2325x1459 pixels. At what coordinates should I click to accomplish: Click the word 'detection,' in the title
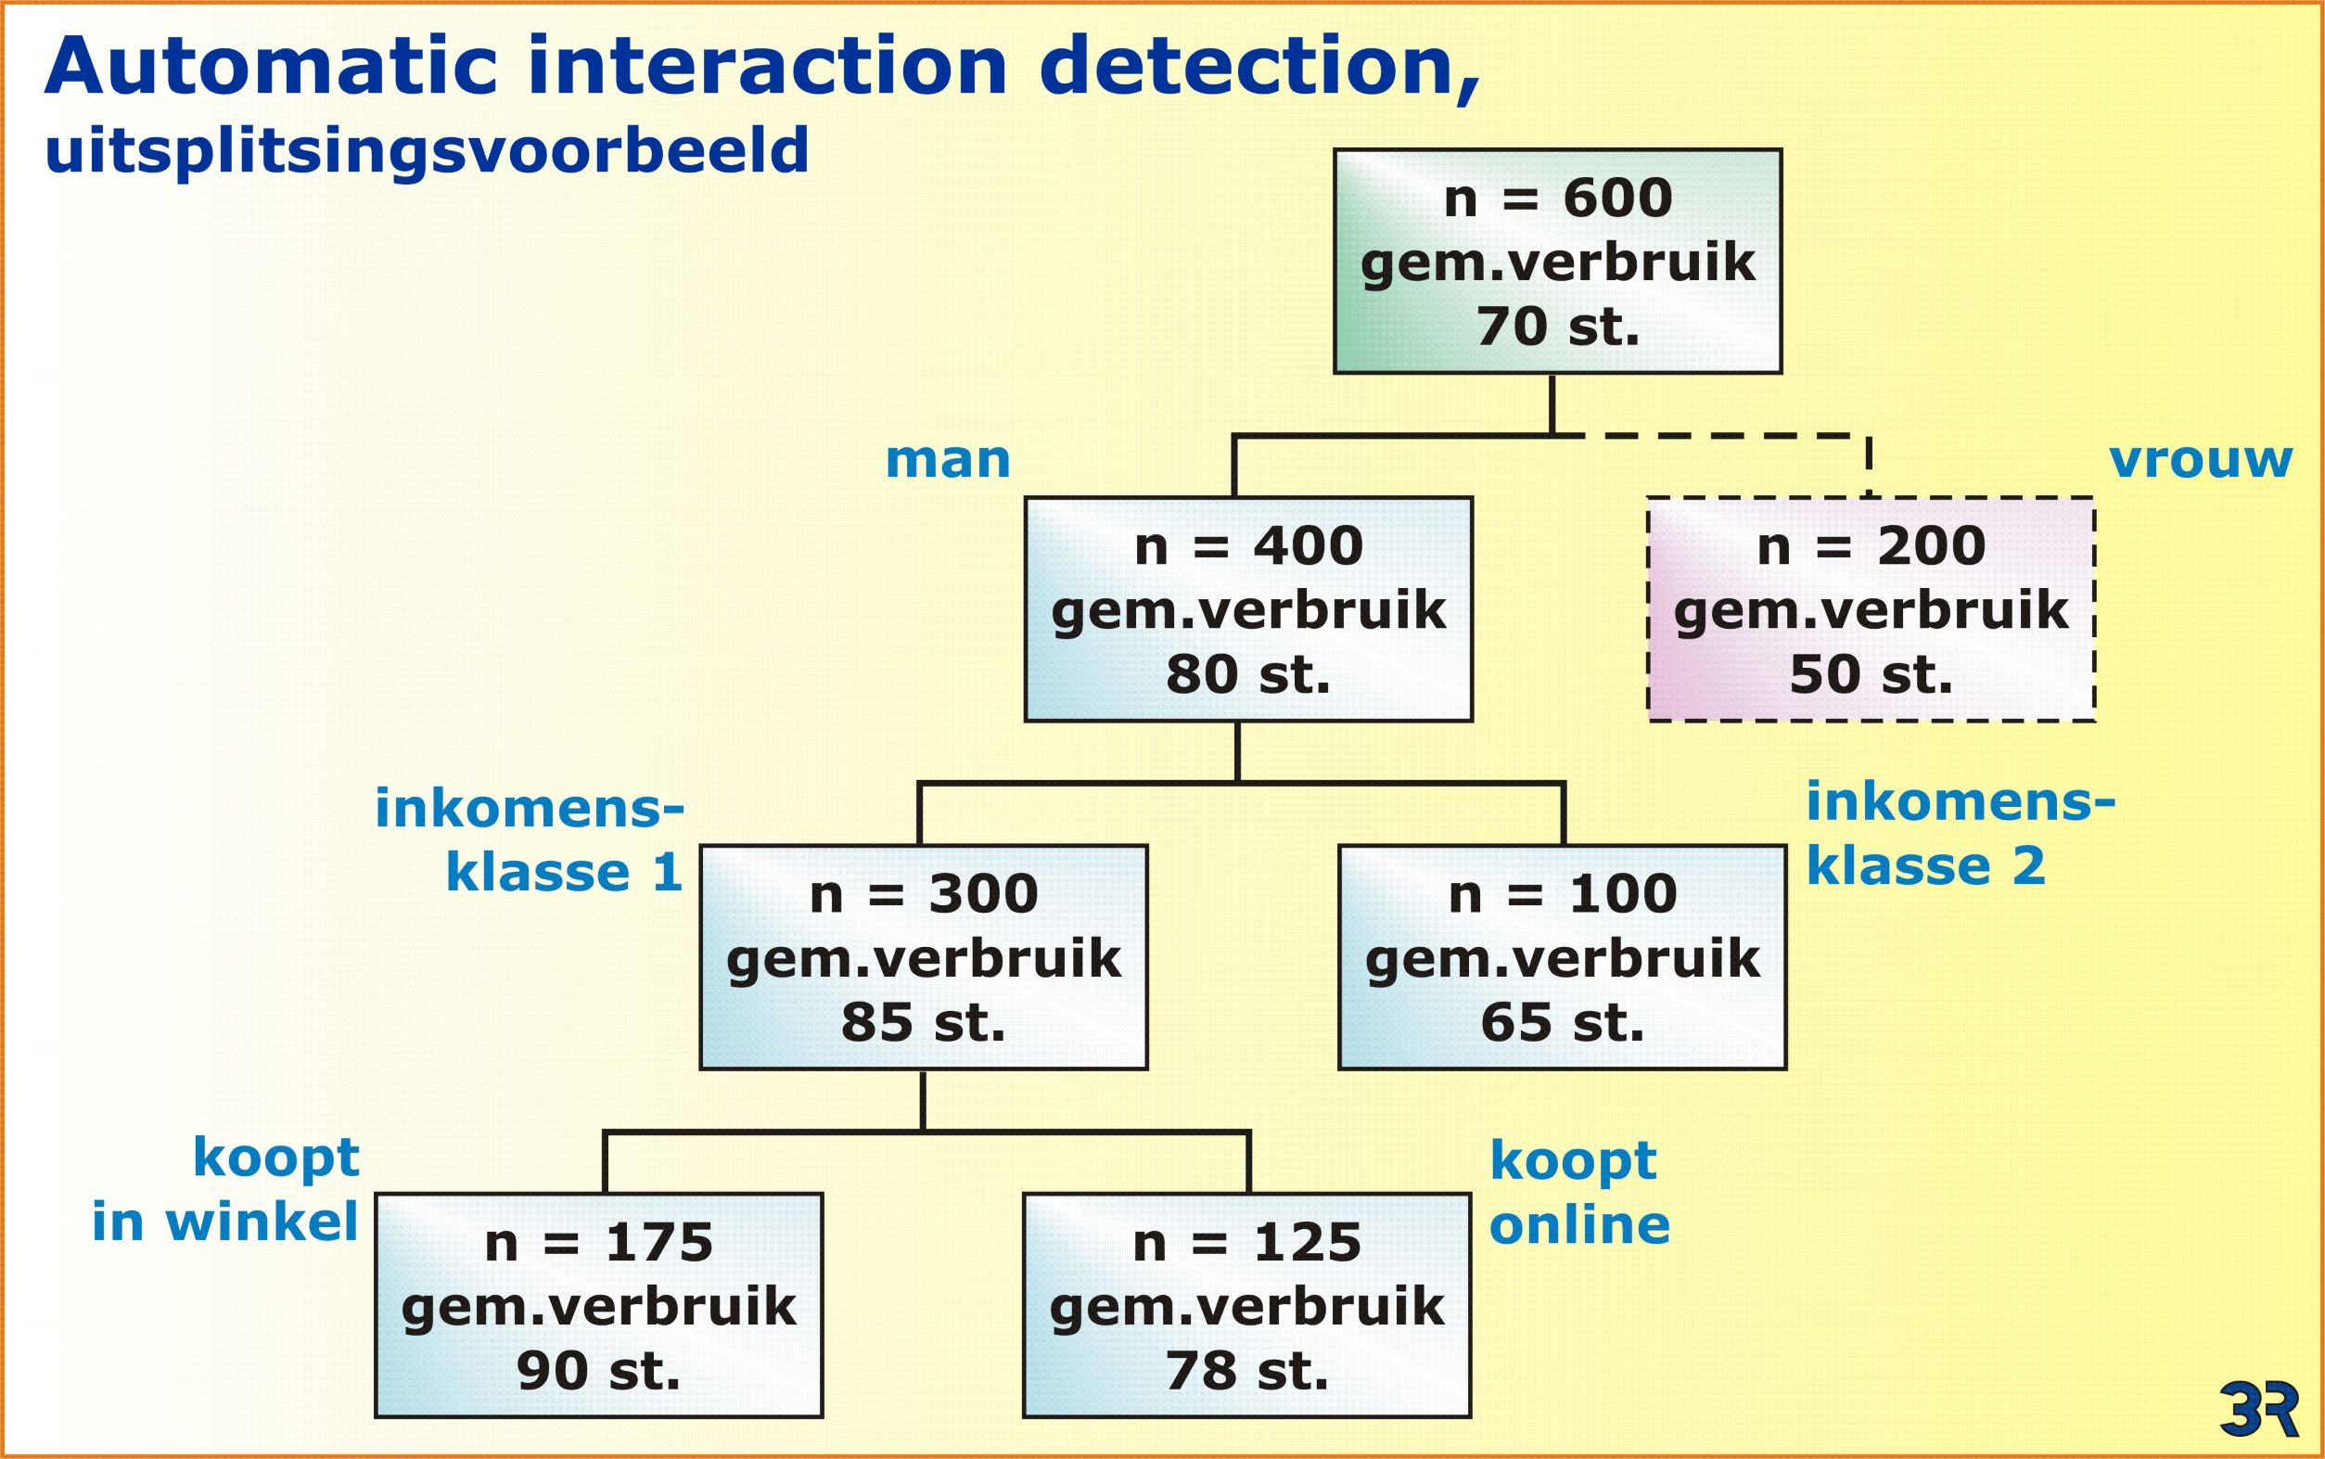pyautogui.click(x=1260, y=68)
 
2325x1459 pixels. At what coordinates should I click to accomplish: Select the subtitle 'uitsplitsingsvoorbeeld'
pyautogui.click(x=427, y=152)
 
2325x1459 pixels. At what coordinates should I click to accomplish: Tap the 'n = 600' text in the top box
pyautogui.click(x=1557, y=198)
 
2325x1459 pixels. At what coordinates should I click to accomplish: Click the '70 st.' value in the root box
pyautogui.click(x=1557, y=326)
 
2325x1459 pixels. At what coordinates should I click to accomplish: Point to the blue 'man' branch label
pyautogui.click(x=948, y=460)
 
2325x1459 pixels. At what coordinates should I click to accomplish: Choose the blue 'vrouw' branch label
pyautogui.click(x=2200, y=460)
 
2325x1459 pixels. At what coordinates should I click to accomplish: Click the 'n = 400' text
pyautogui.click(x=1248, y=546)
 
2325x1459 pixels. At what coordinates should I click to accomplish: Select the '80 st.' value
pyautogui.click(x=1248, y=673)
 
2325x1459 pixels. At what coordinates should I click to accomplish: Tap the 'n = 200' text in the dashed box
pyautogui.click(x=1871, y=546)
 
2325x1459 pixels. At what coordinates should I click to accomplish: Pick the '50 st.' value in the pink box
pyautogui.click(x=1871, y=673)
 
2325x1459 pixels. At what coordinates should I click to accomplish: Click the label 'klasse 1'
pyautogui.click(x=565, y=872)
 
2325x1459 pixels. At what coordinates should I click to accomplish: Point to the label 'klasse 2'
pyautogui.click(x=1925, y=865)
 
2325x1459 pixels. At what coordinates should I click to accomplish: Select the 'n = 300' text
pyautogui.click(x=924, y=894)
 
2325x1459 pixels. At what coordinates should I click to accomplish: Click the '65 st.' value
pyautogui.click(x=1562, y=1022)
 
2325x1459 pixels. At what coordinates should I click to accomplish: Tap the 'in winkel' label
pyautogui.click(x=225, y=1222)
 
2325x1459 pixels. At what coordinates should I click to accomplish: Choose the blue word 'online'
pyautogui.click(x=1579, y=1224)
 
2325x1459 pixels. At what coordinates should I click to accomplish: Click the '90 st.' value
pyautogui.click(x=598, y=1370)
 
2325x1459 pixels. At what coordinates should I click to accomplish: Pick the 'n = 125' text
pyautogui.click(x=1246, y=1243)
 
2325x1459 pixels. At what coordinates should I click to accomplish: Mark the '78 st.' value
pyautogui.click(x=1246, y=1370)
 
